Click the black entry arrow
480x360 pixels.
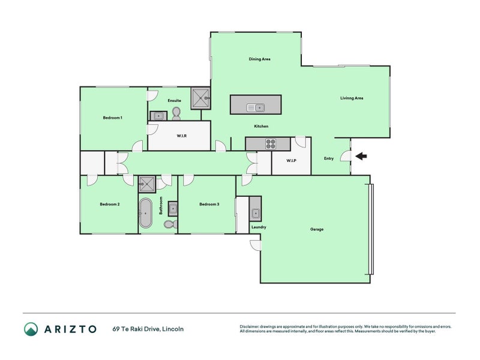[361, 157]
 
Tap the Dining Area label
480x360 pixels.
[260, 59]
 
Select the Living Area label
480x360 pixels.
[352, 98]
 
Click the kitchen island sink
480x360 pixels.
[256, 108]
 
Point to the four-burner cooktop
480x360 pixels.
[271, 144]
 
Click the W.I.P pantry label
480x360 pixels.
[292, 160]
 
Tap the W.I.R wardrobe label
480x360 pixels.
[182, 136]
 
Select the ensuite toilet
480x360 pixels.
[176, 113]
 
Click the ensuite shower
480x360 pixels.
[200, 98]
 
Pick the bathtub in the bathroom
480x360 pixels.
[146, 213]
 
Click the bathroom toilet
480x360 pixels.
[170, 224]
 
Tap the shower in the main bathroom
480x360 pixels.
[147, 184]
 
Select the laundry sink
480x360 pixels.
[256, 213]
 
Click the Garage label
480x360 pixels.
[317, 229]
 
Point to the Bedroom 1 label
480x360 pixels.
[113, 118]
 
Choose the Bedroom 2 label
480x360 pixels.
[110, 204]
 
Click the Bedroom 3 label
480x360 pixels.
[209, 204]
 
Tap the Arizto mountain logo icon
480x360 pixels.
[31, 329]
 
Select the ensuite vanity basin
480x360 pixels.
[158, 116]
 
